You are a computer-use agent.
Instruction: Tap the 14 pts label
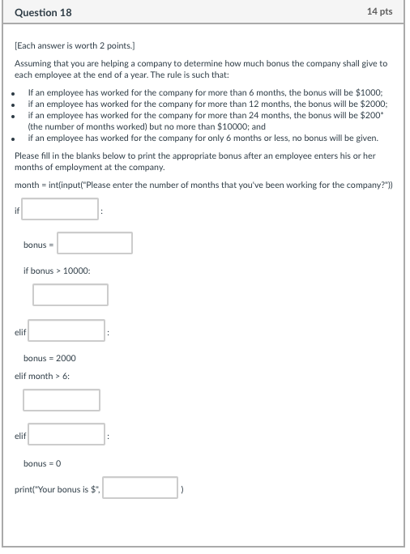379,12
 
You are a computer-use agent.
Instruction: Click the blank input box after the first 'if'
61,210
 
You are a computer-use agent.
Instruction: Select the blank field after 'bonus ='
95,243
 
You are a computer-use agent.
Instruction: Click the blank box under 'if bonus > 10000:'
70,295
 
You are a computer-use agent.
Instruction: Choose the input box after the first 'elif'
67,331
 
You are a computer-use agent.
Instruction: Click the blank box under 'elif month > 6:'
62,400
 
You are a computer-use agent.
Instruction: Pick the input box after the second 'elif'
67,435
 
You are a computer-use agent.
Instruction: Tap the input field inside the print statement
140,488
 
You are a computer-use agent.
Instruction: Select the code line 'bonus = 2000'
49,358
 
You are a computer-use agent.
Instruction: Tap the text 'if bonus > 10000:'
57,270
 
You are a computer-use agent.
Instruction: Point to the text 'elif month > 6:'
42,376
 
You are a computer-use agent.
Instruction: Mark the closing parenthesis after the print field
184,488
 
